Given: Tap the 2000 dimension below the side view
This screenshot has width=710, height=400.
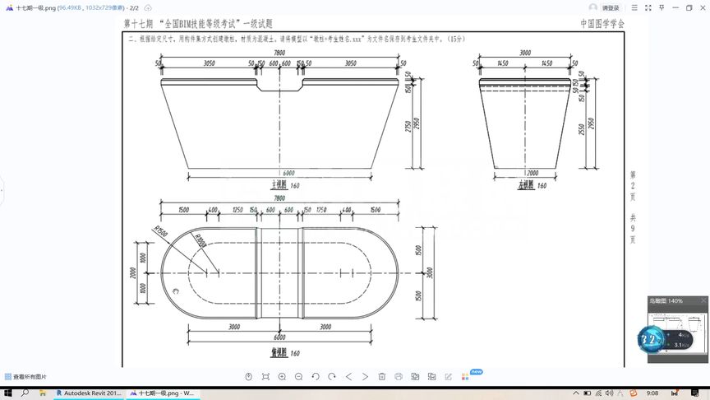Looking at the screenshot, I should [x=532, y=174].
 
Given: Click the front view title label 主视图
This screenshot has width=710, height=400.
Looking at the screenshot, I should [x=279, y=186].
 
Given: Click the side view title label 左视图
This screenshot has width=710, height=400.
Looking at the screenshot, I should [x=526, y=186].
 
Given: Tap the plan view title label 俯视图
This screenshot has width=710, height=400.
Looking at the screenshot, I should [x=279, y=352].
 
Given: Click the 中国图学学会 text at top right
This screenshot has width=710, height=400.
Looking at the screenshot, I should [x=602, y=25].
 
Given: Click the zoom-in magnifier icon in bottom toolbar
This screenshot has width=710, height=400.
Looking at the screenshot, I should [x=282, y=376].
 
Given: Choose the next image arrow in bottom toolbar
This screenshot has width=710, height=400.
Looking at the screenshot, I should [x=365, y=376].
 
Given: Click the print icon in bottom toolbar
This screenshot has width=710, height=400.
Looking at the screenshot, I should [x=399, y=376].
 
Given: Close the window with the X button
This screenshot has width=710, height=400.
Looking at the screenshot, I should [x=699, y=7].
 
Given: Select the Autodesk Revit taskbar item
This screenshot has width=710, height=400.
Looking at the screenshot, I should [x=90, y=393].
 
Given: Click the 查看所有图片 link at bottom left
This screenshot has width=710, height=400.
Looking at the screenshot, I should [x=26, y=376].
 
